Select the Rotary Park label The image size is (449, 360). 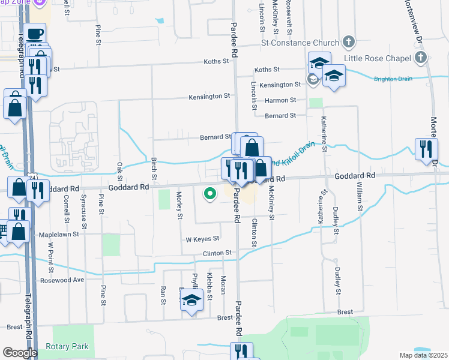[67, 346]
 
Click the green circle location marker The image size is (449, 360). [210, 194]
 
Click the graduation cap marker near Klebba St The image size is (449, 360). [191, 300]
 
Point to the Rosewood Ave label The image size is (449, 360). [62, 280]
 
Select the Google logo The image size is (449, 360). [20, 353]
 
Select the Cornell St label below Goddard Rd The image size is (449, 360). [66, 206]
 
